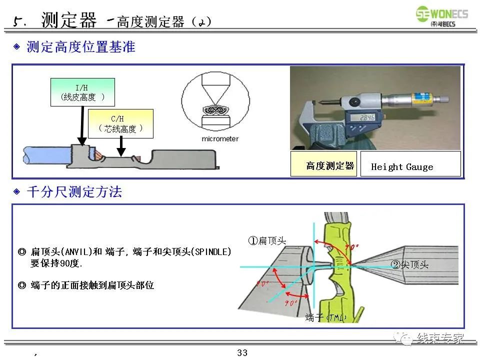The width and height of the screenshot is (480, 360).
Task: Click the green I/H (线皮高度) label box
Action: (x=82, y=92)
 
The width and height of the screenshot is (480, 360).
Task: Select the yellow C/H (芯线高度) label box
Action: (x=120, y=124)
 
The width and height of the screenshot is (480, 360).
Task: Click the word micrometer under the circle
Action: (x=215, y=138)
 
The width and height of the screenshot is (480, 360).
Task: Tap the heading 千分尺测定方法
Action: (x=73, y=191)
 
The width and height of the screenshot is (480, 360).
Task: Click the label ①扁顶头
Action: (x=267, y=240)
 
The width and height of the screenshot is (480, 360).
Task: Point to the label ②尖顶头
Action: (x=410, y=265)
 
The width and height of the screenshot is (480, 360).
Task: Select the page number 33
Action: (x=242, y=353)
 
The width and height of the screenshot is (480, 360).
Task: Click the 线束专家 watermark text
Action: (x=440, y=338)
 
